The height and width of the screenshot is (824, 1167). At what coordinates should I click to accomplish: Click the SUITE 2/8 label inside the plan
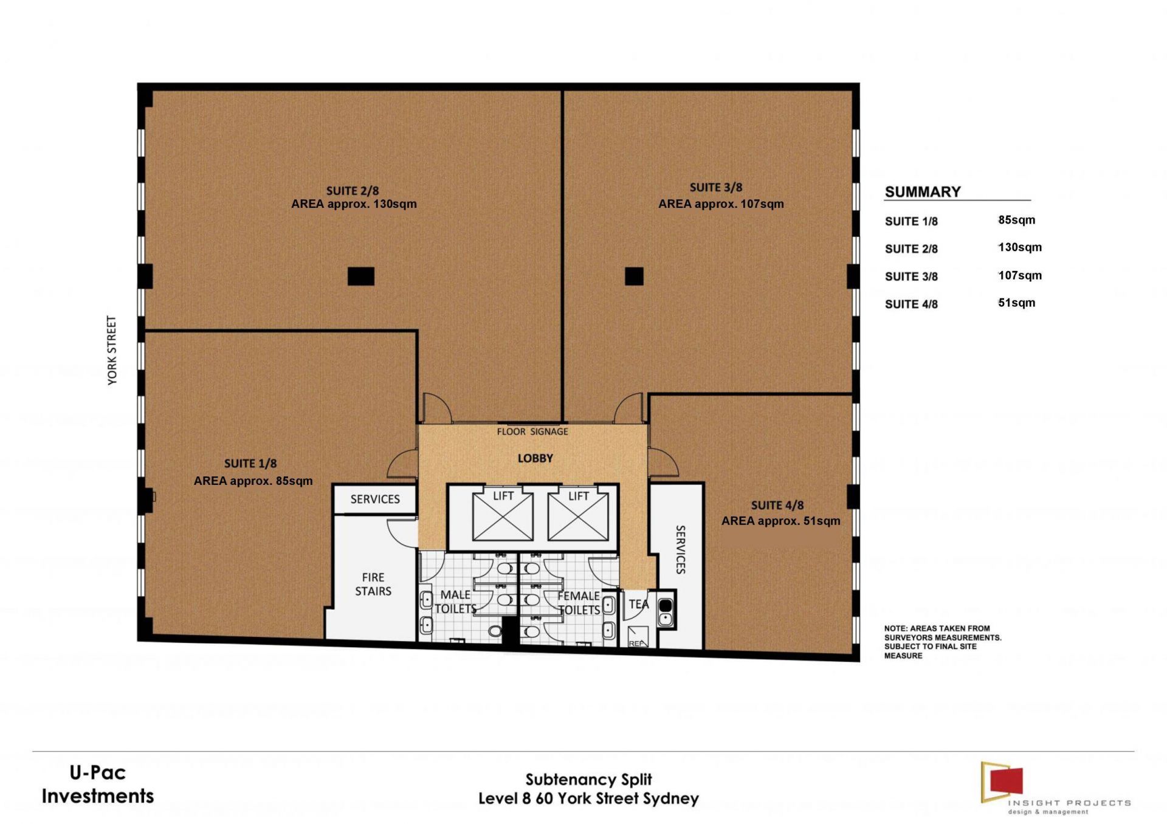[353, 191]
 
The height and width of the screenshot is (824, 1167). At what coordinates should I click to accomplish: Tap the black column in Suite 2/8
[361, 276]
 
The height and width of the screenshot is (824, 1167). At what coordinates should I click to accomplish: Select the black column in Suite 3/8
[634, 276]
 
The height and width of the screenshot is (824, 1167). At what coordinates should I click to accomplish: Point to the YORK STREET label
[112, 350]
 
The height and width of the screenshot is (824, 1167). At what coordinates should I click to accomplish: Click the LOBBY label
[535, 458]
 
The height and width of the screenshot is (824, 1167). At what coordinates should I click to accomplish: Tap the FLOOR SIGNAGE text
[532, 431]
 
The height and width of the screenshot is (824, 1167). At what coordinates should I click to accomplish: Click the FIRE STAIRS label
[373, 584]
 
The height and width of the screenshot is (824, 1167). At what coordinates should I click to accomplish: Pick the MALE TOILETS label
[455, 602]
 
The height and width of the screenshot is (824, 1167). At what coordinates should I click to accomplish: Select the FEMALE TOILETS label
[579, 603]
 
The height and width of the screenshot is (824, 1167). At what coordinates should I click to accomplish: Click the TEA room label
[639, 604]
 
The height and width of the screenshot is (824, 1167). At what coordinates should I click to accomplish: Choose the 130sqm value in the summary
[1020, 247]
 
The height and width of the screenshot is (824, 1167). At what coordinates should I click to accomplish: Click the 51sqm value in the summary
[1016, 303]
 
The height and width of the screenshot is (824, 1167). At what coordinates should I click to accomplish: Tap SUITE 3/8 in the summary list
[911, 276]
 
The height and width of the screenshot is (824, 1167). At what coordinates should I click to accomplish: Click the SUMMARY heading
[923, 192]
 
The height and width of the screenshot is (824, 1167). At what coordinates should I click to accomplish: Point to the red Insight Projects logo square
[1007, 780]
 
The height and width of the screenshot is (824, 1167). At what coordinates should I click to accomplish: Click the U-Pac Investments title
[98, 785]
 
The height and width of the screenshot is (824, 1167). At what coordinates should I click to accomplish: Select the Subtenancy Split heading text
[588, 780]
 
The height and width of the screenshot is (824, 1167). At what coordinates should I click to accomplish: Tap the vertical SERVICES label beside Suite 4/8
[681, 549]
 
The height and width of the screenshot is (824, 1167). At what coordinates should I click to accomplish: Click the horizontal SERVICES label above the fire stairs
[375, 499]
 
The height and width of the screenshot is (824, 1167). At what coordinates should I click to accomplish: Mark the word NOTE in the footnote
[895, 628]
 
